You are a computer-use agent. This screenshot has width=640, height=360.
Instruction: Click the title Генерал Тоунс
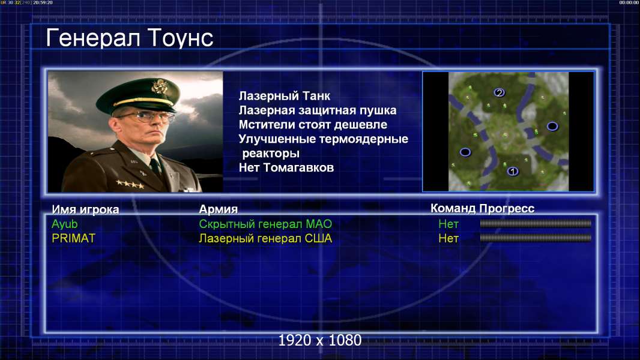[x=130, y=38]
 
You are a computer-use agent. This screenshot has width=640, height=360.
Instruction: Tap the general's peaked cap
[x=138, y=94]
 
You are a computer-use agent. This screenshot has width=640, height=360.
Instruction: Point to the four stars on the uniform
[x=130, y=184]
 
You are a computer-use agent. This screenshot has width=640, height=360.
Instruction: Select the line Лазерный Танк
[x=285, y=96]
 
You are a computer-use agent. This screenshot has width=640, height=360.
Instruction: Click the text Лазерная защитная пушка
[x=318, y=110]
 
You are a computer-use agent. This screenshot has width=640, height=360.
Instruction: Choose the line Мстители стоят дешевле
[x=313, y=125]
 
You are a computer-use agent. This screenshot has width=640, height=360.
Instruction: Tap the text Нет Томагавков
[x=286, y=167]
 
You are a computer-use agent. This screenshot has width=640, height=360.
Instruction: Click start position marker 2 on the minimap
[x=499, y=93]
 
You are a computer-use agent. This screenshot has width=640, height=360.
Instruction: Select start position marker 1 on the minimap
[x=513, y=171]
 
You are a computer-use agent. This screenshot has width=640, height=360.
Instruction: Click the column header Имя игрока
[x=85, y=209]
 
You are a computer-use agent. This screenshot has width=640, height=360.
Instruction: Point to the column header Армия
[x=218, y=209]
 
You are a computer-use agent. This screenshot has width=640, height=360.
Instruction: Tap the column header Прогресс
[x=507, y=209]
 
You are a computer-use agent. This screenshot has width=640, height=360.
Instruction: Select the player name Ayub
[x=64, y=224]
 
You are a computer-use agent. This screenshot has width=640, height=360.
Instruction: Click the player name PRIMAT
[x=73, y=239]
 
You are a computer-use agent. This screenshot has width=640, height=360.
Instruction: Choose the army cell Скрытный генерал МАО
[x=265, y=224]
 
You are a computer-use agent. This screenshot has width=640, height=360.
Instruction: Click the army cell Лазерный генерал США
[x=265, y=239]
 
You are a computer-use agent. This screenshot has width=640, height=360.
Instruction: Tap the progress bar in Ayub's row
[x=536, y=223]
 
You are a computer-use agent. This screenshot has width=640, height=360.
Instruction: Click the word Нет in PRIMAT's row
[x=448, y=239]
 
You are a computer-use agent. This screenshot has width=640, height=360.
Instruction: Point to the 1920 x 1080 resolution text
[x=320, y=340]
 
